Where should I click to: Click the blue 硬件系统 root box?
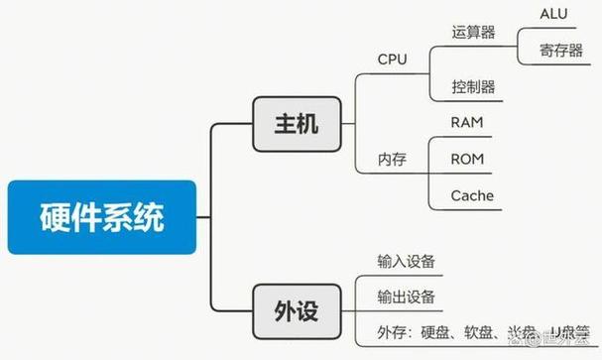(x=102, y=216)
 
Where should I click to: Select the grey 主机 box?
(x=296, y=124)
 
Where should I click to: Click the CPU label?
(x=392, y=59)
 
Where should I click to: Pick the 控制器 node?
(x=472, y=87)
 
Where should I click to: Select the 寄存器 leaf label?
(x=561, y=51)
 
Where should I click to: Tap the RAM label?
(x=467, y=122)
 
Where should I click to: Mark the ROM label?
(x=467, y=159)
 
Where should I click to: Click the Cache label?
(x=471, y=195)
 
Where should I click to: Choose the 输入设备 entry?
(x=407, y=261)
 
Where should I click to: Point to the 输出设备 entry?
(x=407, y=297)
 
